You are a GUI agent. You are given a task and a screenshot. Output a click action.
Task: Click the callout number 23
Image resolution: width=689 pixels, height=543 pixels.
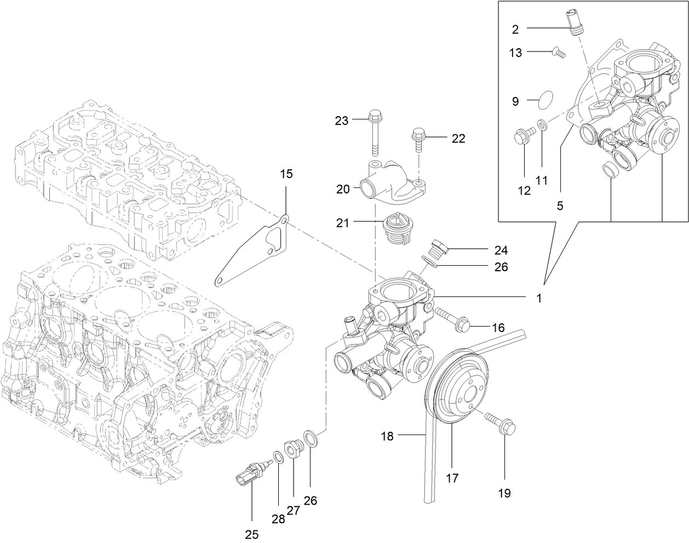pos(341,121)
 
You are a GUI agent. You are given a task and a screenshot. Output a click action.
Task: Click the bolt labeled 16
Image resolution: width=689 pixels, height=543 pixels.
pos(451,320)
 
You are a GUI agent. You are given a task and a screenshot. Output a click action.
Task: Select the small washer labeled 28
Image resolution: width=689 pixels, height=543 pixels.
pos(278,457)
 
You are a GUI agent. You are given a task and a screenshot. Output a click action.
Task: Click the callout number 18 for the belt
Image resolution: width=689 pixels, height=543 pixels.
pos(388,436)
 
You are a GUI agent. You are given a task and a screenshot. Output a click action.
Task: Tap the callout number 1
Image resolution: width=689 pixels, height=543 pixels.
pos(539,299)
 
